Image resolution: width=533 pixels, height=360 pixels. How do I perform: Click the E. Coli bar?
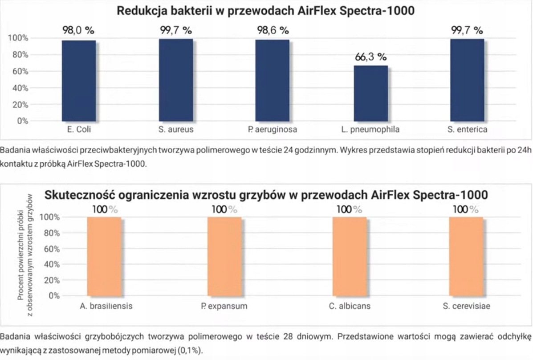79,81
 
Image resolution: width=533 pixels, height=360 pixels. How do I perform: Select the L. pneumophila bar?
371,93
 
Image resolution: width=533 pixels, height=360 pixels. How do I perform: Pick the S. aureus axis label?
175,130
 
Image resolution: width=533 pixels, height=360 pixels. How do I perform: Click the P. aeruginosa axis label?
272,130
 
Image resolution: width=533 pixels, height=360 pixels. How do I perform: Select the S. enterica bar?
467,80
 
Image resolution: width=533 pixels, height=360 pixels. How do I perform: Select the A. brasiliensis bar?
104,256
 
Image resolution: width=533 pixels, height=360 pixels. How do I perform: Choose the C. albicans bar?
350,256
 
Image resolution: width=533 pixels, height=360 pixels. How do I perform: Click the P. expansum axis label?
224,306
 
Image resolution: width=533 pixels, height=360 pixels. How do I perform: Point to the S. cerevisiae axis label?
466,306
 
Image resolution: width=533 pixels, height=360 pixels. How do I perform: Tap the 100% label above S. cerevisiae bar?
466,209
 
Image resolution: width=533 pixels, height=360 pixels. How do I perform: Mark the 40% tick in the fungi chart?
50,264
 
